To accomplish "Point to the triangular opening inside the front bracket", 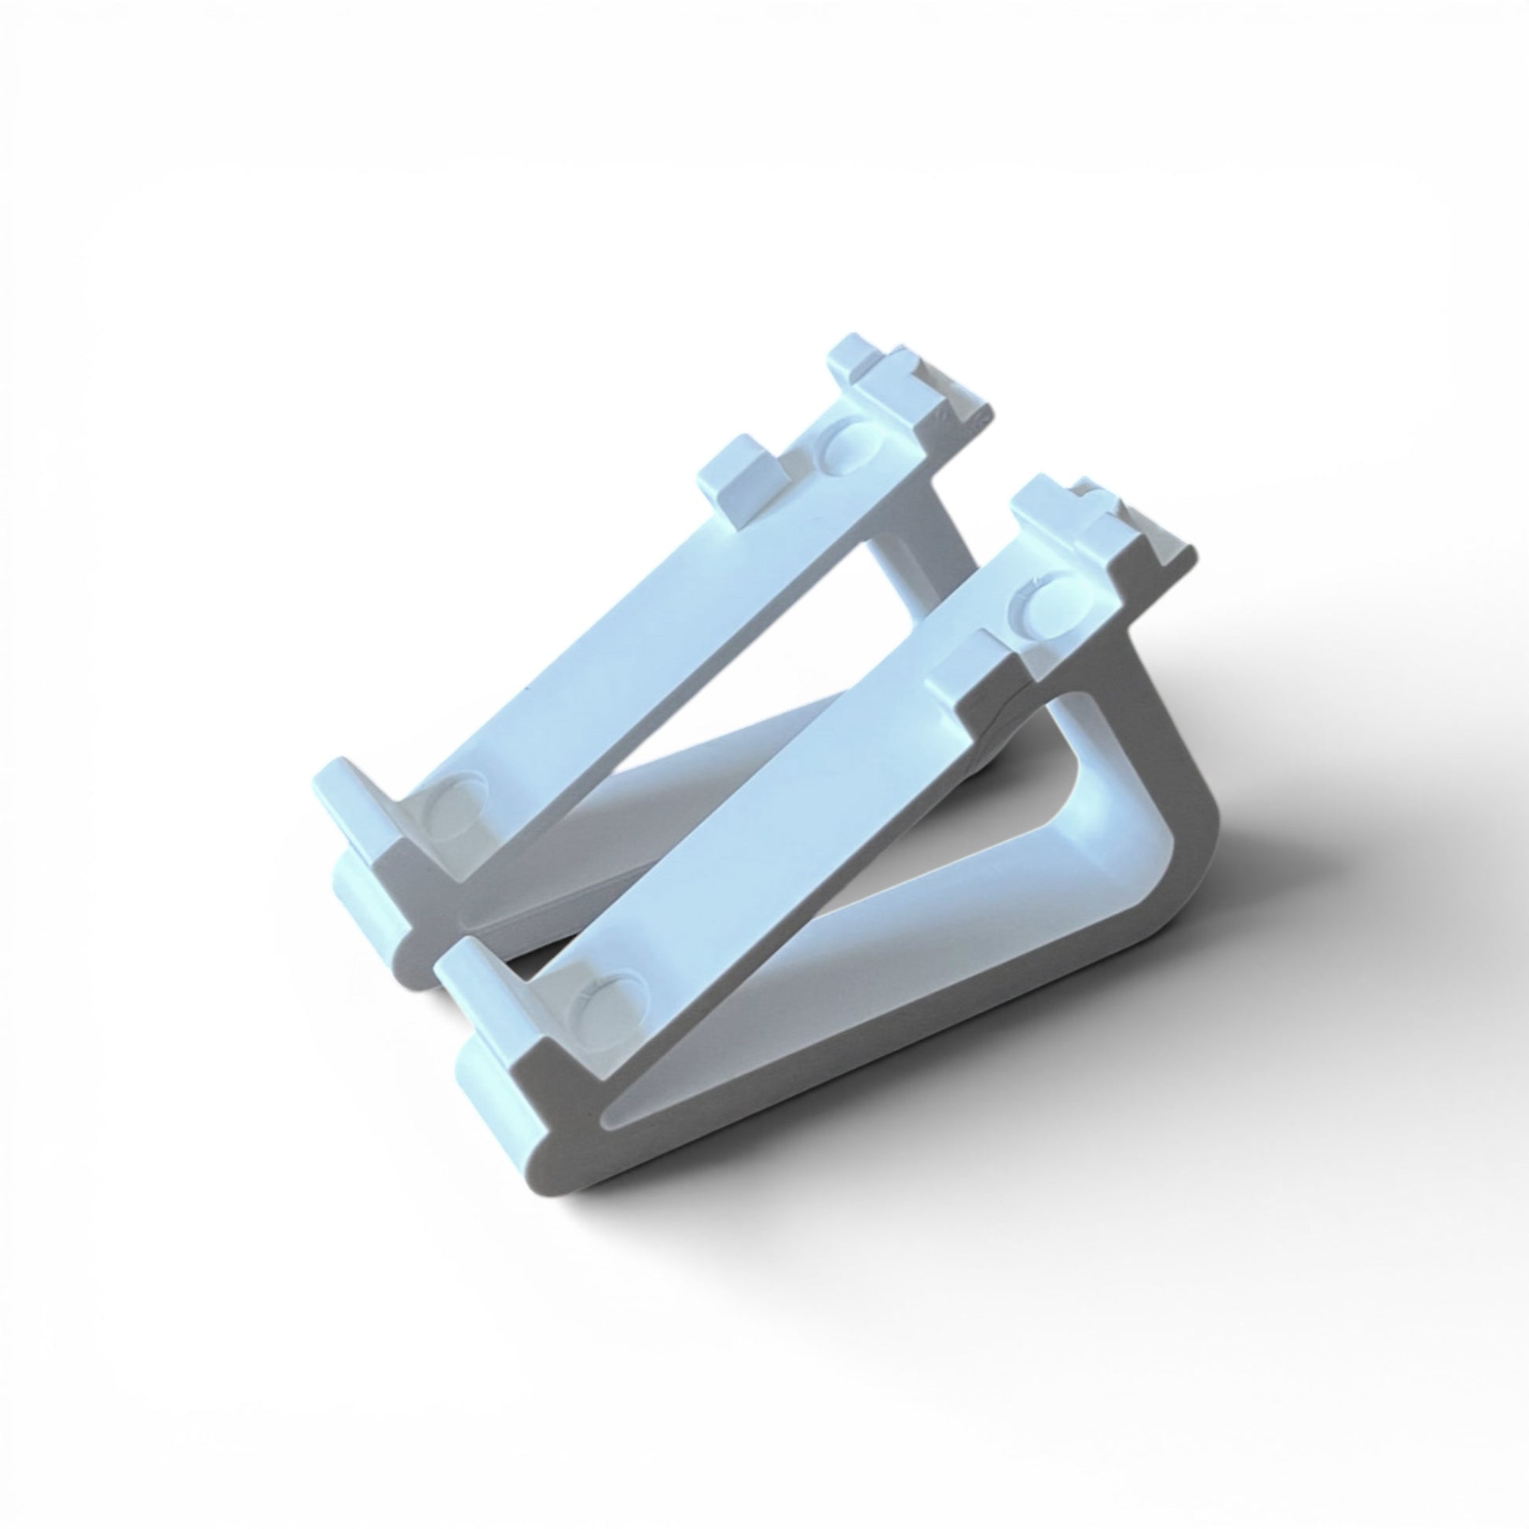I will (910, 894).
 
